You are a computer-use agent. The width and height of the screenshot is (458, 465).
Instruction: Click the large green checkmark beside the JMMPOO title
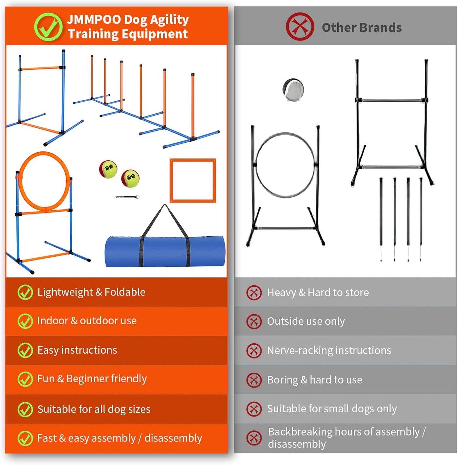point(48,27)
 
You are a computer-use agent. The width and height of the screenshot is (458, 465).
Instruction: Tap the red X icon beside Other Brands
point(300,27)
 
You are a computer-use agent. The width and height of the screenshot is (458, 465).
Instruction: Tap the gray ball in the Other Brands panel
point(294,90)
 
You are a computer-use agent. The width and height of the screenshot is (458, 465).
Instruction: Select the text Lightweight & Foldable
point(91,292)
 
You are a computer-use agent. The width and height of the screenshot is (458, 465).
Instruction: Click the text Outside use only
point(306,321)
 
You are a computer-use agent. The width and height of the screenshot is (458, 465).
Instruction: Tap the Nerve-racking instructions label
point(329,350)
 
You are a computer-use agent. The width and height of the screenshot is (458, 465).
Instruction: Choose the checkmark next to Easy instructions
point(25,350)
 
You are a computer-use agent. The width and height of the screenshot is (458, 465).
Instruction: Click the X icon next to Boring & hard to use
point(254,380)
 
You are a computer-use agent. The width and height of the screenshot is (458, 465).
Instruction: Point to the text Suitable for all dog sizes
point(94,409)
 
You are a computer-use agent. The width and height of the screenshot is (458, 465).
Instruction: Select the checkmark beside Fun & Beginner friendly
point(25,379)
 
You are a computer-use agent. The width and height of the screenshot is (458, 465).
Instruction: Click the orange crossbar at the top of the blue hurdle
point(41,68)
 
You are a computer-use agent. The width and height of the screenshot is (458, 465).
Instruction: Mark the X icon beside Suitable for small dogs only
point(254,409)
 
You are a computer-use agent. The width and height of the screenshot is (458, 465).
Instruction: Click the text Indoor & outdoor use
point(87,321)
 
